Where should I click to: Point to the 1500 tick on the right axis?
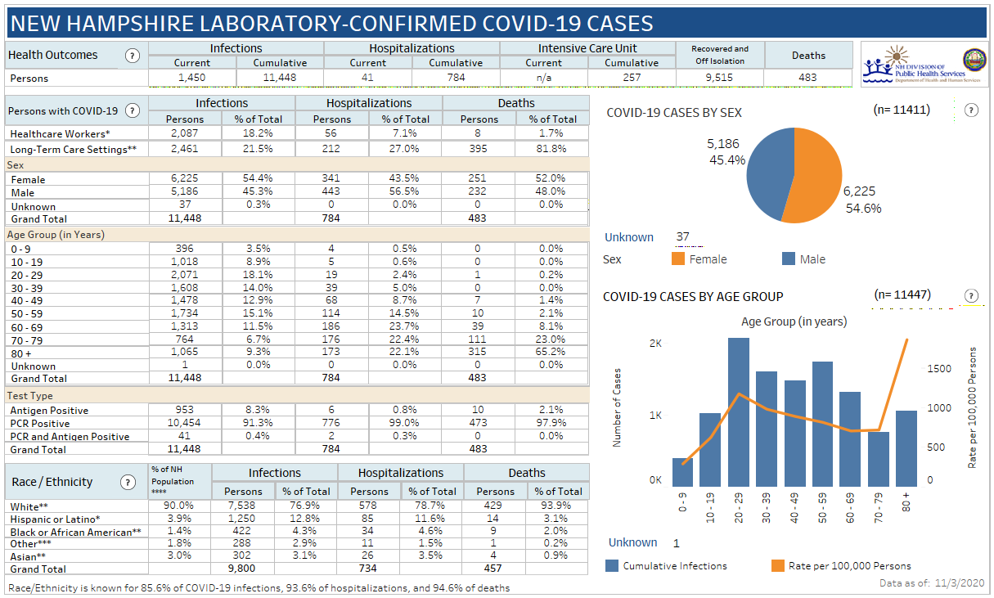pyautogui.click(x=938, y=369)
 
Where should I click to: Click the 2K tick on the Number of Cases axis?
pyautogui.click(x=654, y=344)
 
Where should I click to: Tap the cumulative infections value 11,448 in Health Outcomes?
pyautogui.click(x=280, y=78)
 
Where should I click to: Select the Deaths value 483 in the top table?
pyautogui.click(x=808, y=78)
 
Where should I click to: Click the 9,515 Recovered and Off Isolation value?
pyautogui.click(x=720, y=78)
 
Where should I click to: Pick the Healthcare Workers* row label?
pyautogui.click(x=60, y=133)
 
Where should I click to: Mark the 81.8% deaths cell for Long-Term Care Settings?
pyautogui.click(x=551, y=149)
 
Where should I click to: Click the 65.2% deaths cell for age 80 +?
pyautogui.click(x=551, y=353)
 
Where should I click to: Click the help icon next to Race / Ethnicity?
pyautogui.click(x=128, y=483)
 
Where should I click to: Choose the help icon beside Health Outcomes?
pyautogui.click(x=132, y=56)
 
